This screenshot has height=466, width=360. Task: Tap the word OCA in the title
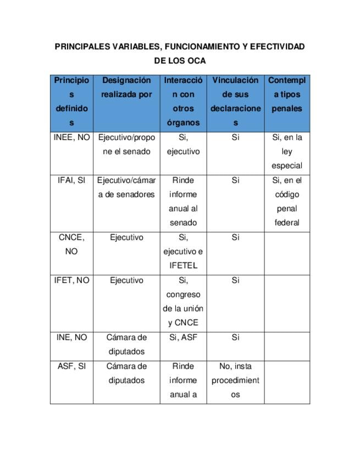(196, 60)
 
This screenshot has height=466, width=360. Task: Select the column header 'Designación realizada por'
(126, 87)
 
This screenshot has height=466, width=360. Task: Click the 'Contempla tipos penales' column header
(287, 95)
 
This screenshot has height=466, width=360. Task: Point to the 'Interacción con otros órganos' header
(183, 102)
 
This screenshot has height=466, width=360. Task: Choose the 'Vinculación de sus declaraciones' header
(235, 102)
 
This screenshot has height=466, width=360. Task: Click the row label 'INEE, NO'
(71, 137)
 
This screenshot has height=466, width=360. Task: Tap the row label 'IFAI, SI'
(71, 180)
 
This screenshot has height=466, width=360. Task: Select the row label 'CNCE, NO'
(71, 245)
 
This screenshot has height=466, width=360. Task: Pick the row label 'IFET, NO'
(71, 280)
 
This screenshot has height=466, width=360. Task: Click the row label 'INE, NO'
(71, 337)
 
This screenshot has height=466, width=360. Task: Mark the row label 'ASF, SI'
(71, 366)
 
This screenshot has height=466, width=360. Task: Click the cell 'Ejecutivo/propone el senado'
(126, 145)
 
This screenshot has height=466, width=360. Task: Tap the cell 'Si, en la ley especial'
(287, 151)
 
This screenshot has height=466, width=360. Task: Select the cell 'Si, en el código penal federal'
(287, 201)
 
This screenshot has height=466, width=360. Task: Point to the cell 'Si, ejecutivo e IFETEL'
(183, 252)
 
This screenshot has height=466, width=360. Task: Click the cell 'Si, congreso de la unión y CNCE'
(183, 301)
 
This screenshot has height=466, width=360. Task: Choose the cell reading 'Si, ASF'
(183, 337)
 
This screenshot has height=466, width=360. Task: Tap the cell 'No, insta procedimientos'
(235, 380)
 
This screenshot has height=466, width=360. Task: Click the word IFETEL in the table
(183, 266)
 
